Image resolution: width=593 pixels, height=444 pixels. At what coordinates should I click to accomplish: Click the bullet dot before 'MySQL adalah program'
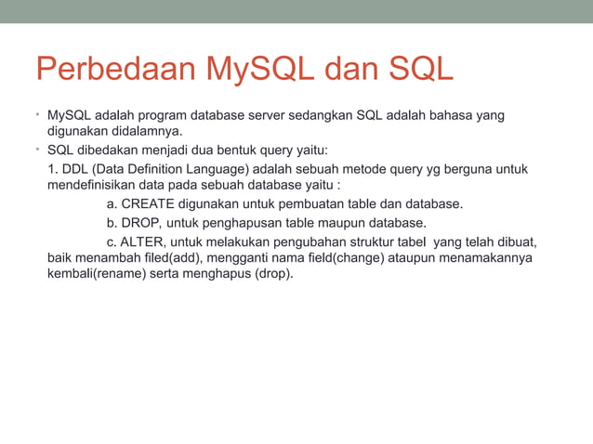[x=40, y=116]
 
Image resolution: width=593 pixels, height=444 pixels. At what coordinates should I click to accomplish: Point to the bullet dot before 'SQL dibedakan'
[x=40, y=150]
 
